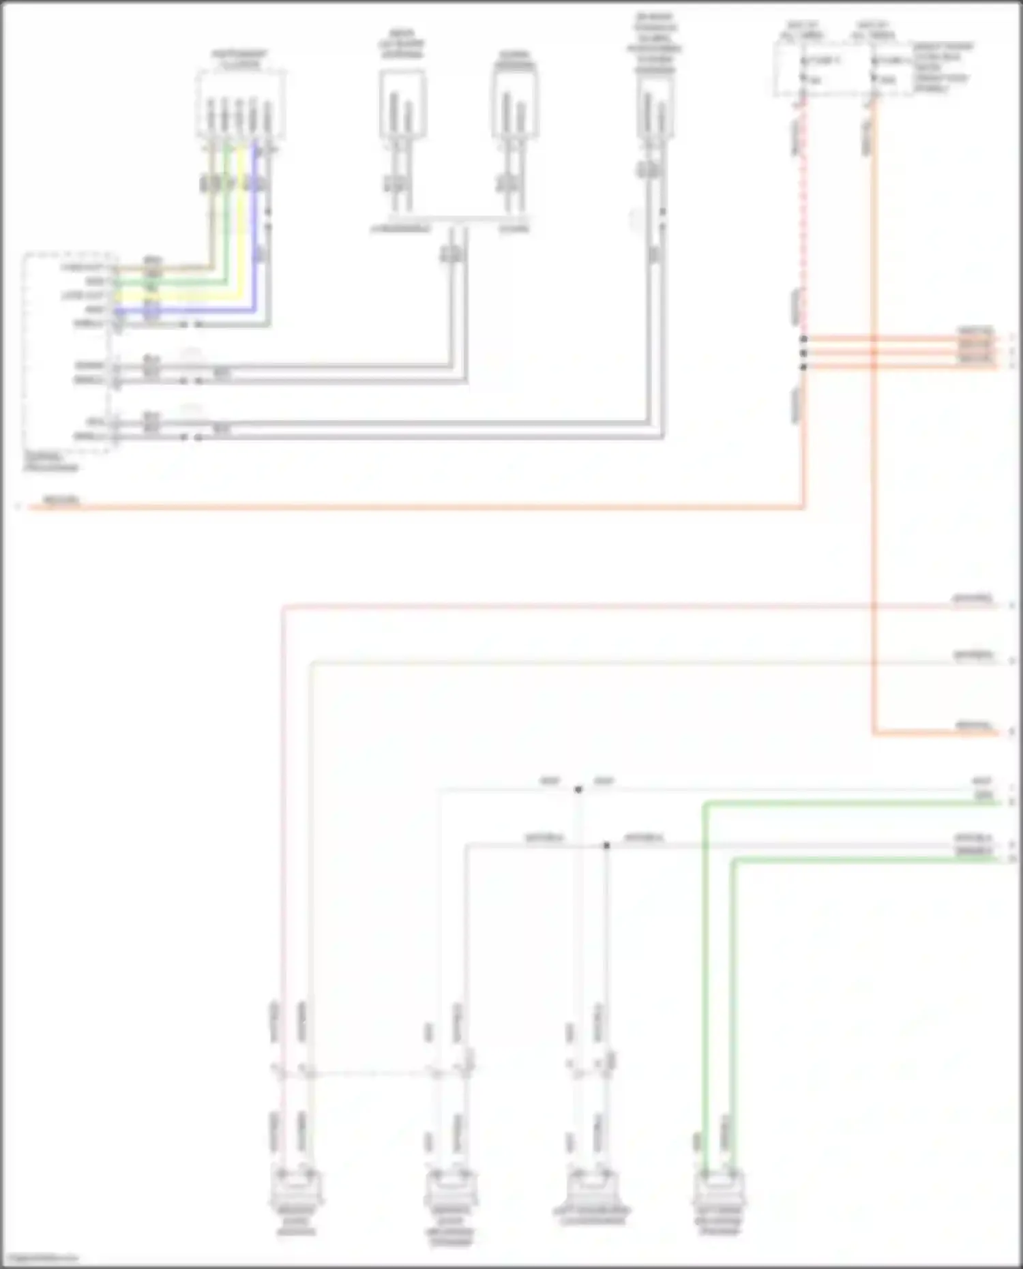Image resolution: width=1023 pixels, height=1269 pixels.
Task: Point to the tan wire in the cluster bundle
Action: pyautogui.click(x=211, y=225)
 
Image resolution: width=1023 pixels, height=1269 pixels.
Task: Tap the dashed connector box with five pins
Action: pyautogui.click(x=240, y=106)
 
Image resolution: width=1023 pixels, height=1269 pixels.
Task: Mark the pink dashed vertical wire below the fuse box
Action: pyautogui.click(x=803, y=218)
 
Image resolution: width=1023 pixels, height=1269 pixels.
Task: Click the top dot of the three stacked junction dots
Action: pyautogui.click(x=803, y=339)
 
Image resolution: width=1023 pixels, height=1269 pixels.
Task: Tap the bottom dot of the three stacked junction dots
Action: pyautogui.click(x=803, y=367)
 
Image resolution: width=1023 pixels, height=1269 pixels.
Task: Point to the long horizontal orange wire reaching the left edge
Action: pyautogui.click(x=409, y=507)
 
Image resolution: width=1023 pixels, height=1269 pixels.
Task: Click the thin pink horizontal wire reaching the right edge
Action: pyautogui.click(x=614, y=605)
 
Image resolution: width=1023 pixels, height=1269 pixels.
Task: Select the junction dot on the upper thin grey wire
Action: pyautogui.click(x=578, y=790)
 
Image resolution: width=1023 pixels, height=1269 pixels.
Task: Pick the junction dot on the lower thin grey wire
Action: pyautogui.click(x=606, y=846)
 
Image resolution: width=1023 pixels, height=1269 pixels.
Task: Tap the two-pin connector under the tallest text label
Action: pyautogui.click(x=655, y=109)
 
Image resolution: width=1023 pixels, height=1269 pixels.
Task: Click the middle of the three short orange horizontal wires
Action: pyautogui.click(x=900, y=353)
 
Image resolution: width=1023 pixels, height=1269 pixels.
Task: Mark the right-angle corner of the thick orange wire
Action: pyautogui.click(x=874, y=734)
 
